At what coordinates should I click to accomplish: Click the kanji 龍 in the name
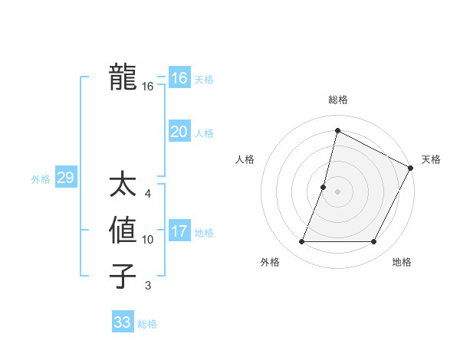[123, 77]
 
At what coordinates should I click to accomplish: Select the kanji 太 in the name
[123, 186]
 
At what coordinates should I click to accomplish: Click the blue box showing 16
[179, 78]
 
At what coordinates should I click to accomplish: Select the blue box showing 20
[179, 132]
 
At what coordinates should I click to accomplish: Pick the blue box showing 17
[179, 231]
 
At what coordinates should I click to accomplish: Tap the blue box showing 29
[65, 178]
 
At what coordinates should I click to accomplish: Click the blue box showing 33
[123, 322]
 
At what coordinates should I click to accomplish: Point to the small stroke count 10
[148, 240]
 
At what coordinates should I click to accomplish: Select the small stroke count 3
[148, 286]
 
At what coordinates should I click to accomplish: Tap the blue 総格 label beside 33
[147, 324]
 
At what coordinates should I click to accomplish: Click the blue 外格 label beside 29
[41, 179]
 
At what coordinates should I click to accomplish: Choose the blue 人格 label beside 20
[204, 133]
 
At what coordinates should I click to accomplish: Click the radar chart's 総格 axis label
[337, 100]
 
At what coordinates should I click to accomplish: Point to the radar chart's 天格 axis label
[431, 159]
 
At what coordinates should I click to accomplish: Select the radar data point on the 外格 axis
[301, 242]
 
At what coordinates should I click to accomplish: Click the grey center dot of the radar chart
[337, 191]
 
